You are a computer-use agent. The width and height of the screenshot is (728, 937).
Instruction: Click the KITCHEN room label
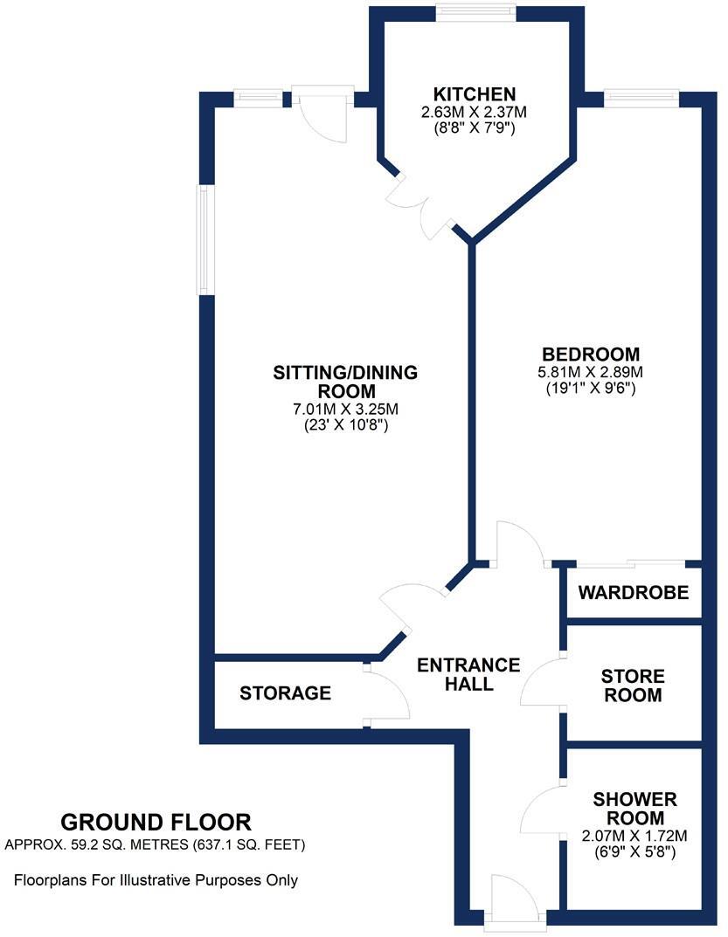[475, 94]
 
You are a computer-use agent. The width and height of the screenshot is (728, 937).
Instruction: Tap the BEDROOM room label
[591, 354]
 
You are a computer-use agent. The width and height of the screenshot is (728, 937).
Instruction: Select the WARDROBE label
[633, 593]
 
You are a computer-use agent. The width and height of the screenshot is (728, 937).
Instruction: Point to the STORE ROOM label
[633, 686]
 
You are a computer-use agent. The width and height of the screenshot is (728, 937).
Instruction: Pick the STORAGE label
[286, 693]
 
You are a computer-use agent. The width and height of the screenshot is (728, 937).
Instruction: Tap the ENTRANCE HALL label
[468, 674]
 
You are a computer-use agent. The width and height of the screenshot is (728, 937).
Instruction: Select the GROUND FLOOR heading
[156, 822]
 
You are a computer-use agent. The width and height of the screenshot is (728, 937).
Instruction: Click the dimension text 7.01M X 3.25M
[346, 409]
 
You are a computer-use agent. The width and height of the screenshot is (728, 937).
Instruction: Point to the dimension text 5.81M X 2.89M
[591, 372]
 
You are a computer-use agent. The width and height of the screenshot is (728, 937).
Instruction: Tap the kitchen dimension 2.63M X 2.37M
[475, 112]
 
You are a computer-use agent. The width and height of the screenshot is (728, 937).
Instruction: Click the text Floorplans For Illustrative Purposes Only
[156, 880]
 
